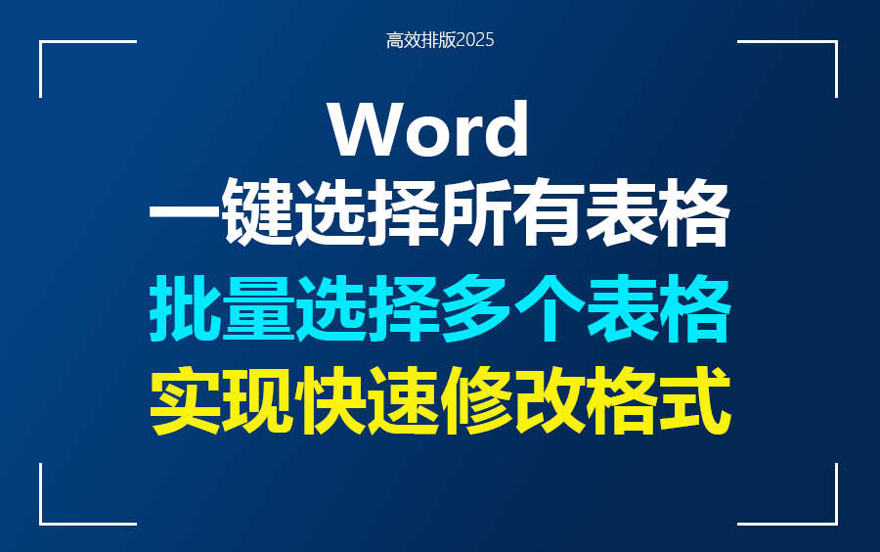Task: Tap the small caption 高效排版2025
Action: [440, 40]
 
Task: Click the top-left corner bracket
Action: [59, 54]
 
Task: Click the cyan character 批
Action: [185, 310]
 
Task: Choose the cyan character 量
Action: [258, 310]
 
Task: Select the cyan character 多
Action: [476, 310]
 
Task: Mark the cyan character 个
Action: [549, 310]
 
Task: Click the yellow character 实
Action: [185, 402]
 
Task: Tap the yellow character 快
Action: [330, 402]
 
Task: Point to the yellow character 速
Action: [404, 402]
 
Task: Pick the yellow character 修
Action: [476, 402]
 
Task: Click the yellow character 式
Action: [694, 402]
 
